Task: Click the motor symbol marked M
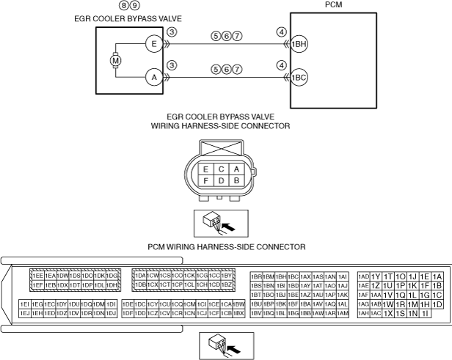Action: (x=114, y=59)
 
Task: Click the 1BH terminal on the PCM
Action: (x=299, y=43)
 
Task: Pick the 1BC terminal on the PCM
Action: (x=299, y=76)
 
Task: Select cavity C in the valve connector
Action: (x=221, y=169)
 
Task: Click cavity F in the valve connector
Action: (x=206, y=180)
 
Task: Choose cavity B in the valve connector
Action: (x=236, y=180)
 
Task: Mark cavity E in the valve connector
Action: (x=206, y=169)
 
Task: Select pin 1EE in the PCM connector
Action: (x=37, y=275)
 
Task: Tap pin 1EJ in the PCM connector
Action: (x=25, y=313)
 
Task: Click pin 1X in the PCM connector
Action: (x=387, y=313)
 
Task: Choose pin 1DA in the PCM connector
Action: (x=139, y=275)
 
